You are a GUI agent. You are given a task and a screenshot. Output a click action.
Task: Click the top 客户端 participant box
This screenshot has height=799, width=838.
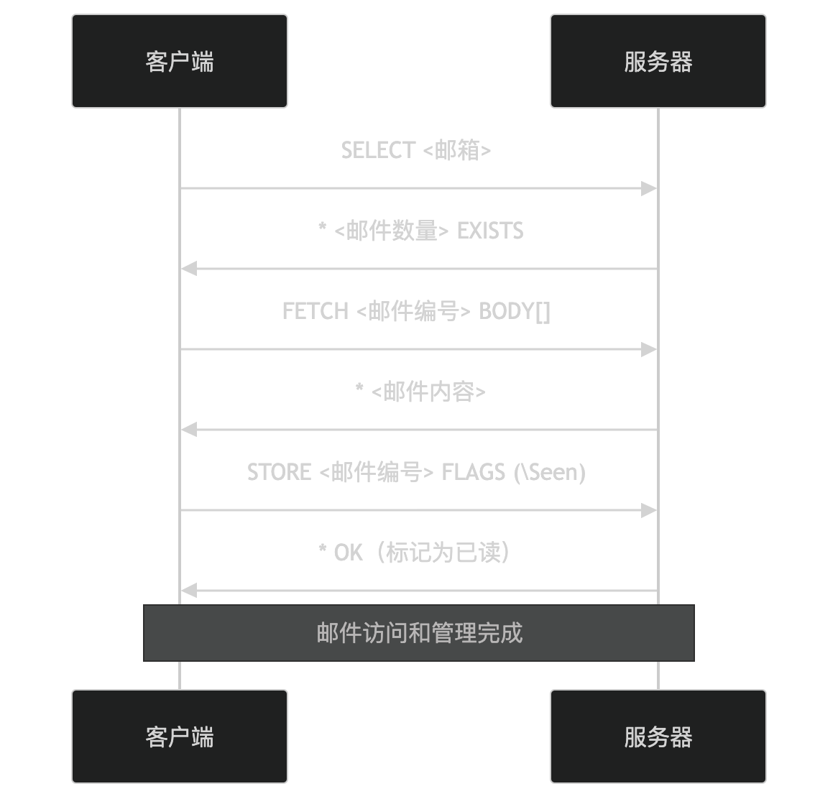[x=180, y=61]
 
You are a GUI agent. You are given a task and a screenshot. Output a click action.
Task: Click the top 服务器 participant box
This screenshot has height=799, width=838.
[x=658, y=61]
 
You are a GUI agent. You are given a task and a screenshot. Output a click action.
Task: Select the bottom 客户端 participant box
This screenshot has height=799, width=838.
[x=180, y=736]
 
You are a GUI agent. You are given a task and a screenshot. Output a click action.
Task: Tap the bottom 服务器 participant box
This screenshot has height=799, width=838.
[x=658, y=736]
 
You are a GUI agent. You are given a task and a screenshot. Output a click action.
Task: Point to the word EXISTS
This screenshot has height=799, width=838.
[x=490, y=231]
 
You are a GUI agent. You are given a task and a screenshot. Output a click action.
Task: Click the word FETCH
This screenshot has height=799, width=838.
[x=315, y=311]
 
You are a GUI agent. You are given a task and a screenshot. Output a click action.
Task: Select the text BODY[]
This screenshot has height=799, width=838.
[x=515, y=311]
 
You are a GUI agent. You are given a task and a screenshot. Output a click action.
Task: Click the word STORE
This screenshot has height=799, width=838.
[x=279, y=472]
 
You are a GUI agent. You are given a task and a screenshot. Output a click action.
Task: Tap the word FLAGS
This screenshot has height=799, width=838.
[x=473, y=472]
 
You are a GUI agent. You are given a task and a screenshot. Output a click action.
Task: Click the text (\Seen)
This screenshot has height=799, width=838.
[x=550, y=472]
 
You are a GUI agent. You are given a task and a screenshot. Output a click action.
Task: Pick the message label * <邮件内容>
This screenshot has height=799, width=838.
[x=420, y=392]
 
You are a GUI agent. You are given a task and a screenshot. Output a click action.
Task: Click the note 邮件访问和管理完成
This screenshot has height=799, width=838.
[x=419, y=633]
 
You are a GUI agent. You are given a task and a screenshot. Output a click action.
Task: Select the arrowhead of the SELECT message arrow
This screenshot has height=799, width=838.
[x=650, y=188]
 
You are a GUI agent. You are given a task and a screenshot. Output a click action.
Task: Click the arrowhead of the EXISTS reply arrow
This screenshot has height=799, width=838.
[x=188, y=269]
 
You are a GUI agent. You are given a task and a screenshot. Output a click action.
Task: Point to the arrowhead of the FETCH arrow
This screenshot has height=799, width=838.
[x=650, y=349]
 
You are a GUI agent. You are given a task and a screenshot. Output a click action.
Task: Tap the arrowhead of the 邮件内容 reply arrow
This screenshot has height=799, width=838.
[x=188, y=430]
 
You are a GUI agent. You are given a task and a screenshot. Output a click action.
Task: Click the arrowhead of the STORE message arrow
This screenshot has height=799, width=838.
[x=650, y=510]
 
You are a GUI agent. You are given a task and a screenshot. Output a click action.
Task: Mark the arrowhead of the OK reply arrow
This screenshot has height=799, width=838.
[x=188, y=591]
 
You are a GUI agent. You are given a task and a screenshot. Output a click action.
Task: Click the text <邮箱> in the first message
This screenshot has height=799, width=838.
[x=457, y=150]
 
